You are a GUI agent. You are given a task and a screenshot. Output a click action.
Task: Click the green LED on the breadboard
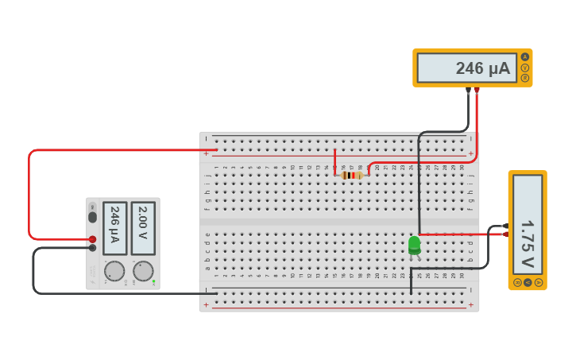click(414, 246)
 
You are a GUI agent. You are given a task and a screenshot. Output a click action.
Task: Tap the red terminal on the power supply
click(92, 238)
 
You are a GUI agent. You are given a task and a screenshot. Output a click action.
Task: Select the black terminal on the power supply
click(92, 248)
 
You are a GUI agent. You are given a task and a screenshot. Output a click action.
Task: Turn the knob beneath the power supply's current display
click(114, 271)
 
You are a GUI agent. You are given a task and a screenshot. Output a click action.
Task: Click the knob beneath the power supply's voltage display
click(143, 271)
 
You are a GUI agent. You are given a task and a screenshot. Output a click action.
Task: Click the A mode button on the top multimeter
click(524, 56)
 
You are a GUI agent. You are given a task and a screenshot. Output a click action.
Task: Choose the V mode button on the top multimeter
click(524, 68)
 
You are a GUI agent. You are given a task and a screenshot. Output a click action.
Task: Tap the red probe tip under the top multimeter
click(477, 91)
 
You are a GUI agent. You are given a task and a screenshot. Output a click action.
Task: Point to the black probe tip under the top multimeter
click(468, 91)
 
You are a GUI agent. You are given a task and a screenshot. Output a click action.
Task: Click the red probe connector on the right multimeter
click(505, 234)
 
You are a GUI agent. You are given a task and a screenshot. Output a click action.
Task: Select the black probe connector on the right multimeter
click(505, 226)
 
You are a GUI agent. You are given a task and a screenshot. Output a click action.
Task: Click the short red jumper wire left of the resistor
click(334, 161)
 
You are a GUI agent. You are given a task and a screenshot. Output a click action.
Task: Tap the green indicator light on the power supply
click(153, 281)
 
